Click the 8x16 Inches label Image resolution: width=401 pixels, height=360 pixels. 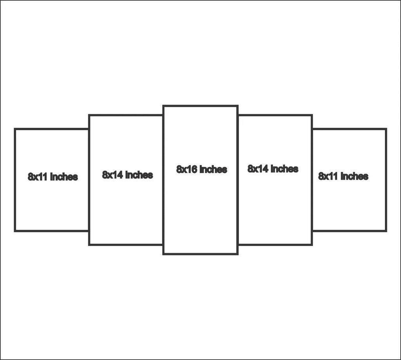[x=202, y=169]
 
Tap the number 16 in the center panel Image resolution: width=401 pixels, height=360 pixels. [x=191, y=169]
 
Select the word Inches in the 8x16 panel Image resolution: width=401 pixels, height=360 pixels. [x=213, y=169]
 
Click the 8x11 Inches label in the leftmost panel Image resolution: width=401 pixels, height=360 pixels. [x=53, y=177]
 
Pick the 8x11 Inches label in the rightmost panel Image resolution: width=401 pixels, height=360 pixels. [x=343, y=176]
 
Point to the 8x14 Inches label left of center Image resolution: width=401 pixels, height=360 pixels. [x=127, y=175]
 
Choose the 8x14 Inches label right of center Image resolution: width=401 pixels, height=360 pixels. [x=273, y=168]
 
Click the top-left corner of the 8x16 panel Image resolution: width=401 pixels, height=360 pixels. [x=163, y=106]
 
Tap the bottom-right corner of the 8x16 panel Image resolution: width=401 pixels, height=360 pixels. [x=238, y=254]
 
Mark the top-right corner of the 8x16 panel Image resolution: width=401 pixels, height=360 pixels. [x=238, y=106]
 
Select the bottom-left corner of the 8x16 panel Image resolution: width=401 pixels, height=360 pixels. [x=163, y=254]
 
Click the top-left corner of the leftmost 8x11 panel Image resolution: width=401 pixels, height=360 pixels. [x=15, y=129]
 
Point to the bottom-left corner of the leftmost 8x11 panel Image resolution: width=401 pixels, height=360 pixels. [x=15, y=231]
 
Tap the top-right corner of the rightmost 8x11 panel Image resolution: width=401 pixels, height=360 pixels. [x=386, y=129]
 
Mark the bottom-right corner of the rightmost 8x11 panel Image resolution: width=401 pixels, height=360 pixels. [x=386, y=231]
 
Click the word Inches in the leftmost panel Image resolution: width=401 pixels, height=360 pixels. [x=64, y=177]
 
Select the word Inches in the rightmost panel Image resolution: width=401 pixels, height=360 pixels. [x=354, y=176]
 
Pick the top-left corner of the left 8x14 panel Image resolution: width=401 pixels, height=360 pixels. [x=89, y=115]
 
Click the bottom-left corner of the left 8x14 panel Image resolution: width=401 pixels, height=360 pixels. [x=89, y=245]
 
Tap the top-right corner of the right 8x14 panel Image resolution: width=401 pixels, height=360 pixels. [x=312, y=115]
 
